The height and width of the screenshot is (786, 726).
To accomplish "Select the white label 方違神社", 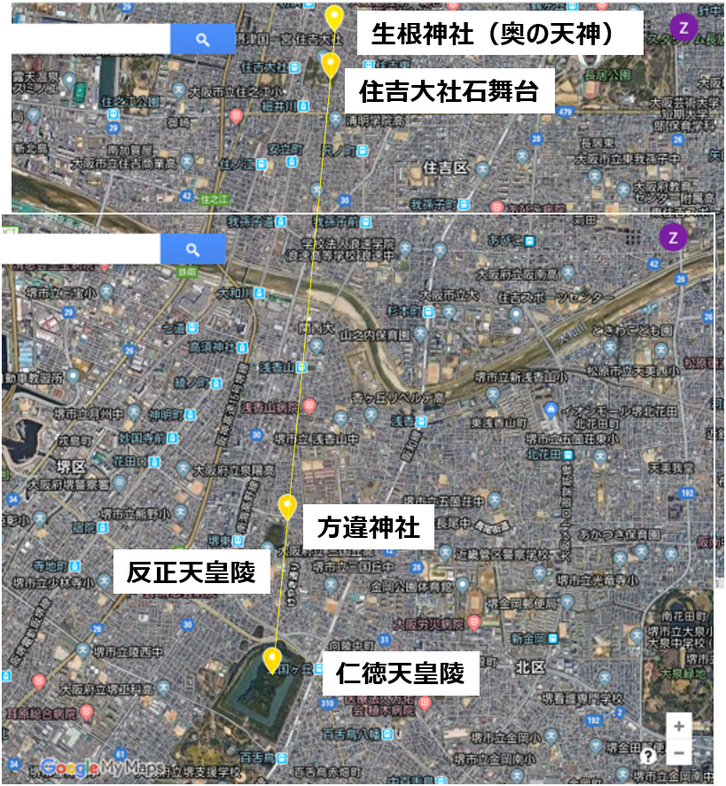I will point(368,529).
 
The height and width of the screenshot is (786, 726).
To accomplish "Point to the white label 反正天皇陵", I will point(191,572).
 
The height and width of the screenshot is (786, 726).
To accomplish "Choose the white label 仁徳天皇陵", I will point(400,674).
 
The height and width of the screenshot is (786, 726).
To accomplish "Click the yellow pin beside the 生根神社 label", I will point(333,18).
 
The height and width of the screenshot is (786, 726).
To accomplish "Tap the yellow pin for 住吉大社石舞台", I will point(331,65).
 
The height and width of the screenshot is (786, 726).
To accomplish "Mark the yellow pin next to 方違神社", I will point(286,507).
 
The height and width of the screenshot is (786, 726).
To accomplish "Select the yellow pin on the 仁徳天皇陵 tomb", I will point(272,660).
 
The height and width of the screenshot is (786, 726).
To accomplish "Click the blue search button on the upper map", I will point(202,39).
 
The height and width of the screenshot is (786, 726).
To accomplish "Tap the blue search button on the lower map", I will point(192,250).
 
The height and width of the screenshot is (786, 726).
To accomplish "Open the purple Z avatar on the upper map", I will point(683,27).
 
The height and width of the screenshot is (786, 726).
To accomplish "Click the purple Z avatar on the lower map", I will point(673,237).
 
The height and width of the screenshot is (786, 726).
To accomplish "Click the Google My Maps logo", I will point(91,767).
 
